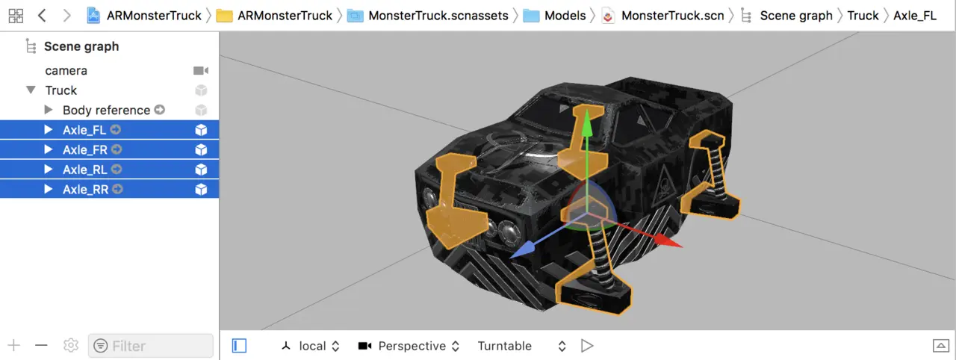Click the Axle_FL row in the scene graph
tap(109, 130)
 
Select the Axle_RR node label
tap(85, 190)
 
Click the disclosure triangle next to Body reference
tap(49, 110)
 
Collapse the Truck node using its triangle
tap(31, 90)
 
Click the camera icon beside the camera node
tap(201, 70)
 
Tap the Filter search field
tap(151, 346)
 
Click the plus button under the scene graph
tap(14, 345)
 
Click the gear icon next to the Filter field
tap(71, 345)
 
